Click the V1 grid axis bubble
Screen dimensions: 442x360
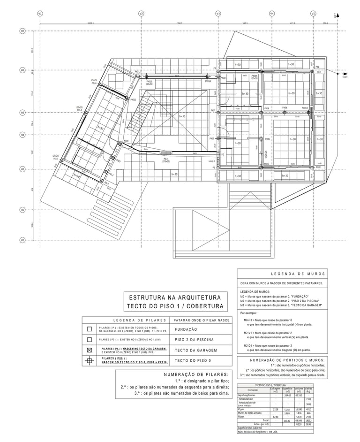40,14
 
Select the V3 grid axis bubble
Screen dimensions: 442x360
218,14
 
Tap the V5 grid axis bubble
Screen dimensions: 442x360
313,14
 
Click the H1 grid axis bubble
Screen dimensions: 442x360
22,240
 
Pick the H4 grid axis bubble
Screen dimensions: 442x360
22,135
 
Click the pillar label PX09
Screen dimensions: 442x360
285,108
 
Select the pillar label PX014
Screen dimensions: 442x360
208,81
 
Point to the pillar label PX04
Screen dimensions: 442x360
126,140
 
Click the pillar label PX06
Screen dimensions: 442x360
267,139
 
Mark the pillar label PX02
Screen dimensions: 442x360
318,167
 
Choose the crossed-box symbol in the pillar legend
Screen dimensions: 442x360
89,350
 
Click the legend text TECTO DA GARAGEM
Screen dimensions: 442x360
196,350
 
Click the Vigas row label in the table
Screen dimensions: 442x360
242,409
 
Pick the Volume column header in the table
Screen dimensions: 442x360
299,389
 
